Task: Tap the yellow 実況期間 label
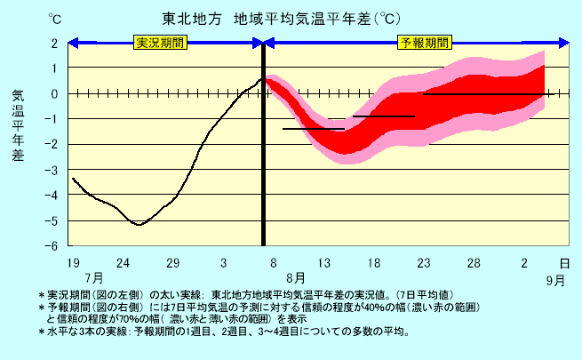click(x=159, y=43)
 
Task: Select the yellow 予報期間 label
click(x=425, y=43)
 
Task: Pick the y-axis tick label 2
click(x=54, y=43)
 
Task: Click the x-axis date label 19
click(x=73, y=263)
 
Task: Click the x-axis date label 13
click(x=324, y=263)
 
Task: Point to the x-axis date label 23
click(x=424, y=263)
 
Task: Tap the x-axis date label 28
click(x=474, y=263)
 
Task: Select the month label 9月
click(x=555, y=279)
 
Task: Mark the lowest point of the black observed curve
click(x=138, y=225)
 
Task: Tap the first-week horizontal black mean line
click(x=313, y=129)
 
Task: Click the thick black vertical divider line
click(x=263, y=142)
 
